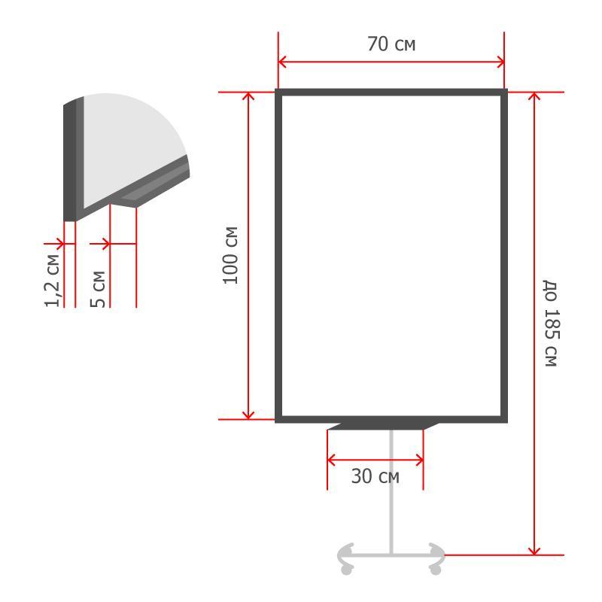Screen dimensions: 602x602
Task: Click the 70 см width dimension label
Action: pos(391,44)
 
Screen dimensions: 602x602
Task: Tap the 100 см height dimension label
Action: pos(230,255)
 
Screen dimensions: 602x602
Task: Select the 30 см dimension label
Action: pos(375,476)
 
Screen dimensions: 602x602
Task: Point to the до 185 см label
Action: pos(551,323)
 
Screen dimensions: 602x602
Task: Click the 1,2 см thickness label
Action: pos(52,281)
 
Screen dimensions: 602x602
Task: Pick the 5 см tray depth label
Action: pos(98,289)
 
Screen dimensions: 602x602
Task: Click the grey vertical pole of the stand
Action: pos(391,492)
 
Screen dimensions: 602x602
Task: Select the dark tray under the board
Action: pos(383,426)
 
